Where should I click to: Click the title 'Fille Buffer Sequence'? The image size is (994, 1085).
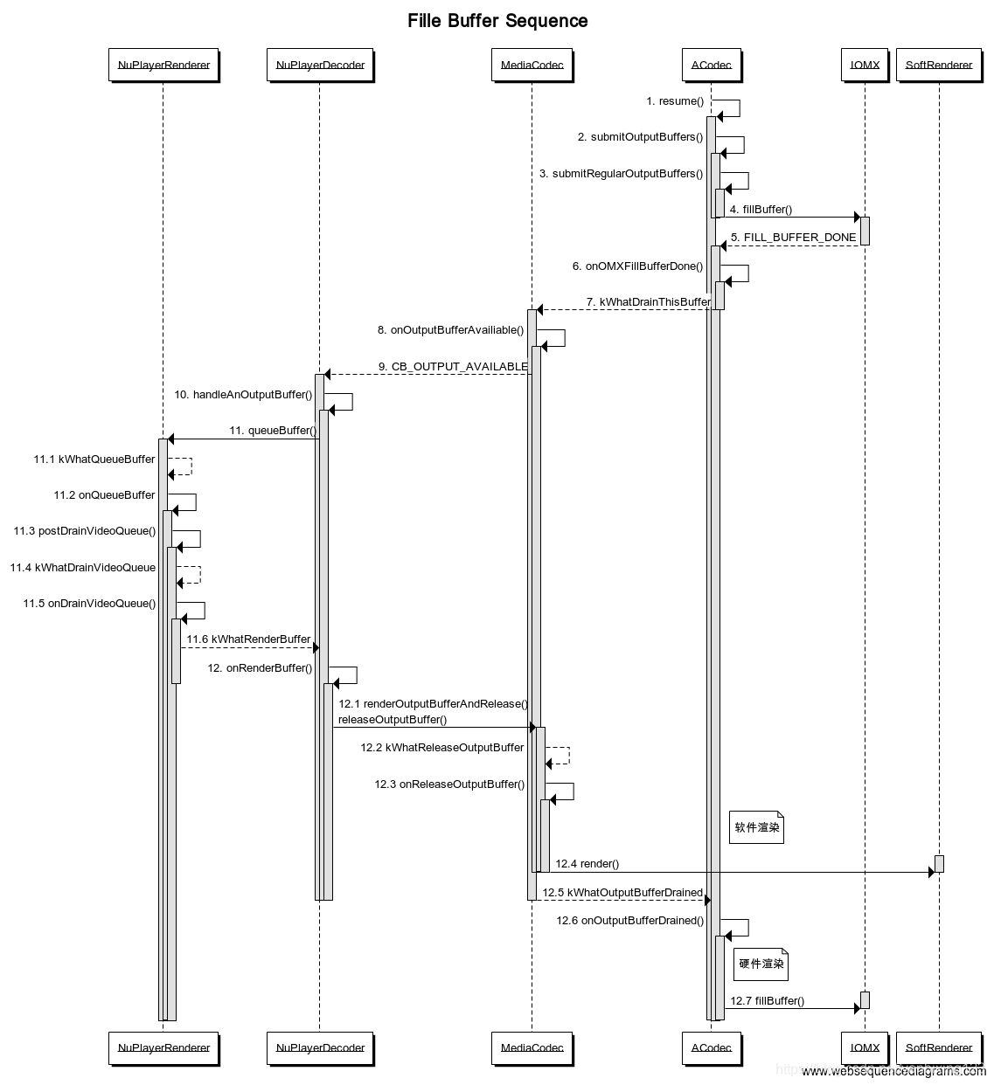point(497,21)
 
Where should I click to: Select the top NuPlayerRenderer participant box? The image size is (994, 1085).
point(163,66)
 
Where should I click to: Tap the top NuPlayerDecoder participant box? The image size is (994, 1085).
point(320,66)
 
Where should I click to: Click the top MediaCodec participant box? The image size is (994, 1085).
point(532,66)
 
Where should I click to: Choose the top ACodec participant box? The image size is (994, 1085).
point(711,66)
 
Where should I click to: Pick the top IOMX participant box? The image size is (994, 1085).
point(865,66)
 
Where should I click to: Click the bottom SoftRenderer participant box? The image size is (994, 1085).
point(939,1047)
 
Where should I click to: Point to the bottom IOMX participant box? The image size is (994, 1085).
point(865,1047)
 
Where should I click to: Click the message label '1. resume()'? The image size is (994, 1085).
point(675,101)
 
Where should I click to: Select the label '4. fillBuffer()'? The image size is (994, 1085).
point(761,210)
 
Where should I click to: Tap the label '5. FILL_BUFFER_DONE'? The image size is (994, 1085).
point(793,238)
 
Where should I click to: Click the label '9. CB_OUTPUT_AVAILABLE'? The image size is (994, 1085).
point(453,367)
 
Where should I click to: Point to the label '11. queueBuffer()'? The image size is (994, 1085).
point(272,431)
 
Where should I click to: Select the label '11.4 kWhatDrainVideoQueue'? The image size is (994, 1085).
point(83,568)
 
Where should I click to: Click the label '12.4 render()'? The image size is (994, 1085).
point(587,864)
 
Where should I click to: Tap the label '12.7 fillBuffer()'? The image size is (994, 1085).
point(767,1001)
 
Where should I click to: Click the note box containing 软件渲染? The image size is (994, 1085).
point(756,827)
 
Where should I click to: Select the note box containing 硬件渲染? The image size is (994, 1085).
point(761,964)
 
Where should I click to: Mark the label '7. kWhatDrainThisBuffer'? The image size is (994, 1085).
point(649,302)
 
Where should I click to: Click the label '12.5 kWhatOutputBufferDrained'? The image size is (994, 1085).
point(622,893)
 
